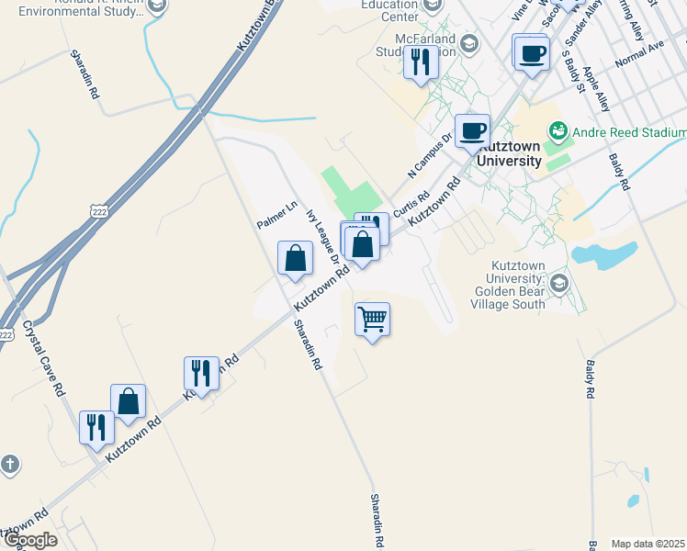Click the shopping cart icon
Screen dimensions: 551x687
click(372, 320)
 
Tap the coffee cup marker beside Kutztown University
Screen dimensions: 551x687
click(472, 130)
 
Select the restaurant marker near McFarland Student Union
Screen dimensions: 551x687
click(421, 62)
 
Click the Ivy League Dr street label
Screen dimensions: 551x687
click(323, 236)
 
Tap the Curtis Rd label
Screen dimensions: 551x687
click(412, 204)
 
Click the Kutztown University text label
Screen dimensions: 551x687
click(511, 154)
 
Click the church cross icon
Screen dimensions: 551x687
click(9, 464)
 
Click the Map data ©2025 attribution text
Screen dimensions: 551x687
click(648, 544)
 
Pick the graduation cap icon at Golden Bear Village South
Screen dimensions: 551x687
click(558, 282)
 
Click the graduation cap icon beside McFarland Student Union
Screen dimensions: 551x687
click(469, 43)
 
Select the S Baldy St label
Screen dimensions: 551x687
click(574, 71)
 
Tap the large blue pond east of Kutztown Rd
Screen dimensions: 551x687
click(604, 253)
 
